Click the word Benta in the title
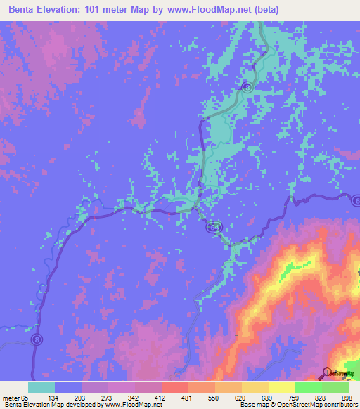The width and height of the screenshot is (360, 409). pos(25,10)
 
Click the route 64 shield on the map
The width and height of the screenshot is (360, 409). pos(214,227)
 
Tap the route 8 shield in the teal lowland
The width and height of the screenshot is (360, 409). pos(247,87)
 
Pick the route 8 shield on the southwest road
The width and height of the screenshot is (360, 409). pos(37,339)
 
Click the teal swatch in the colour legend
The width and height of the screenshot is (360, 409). pos(41,387)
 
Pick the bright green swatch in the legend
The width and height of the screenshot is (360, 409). pos(308,387)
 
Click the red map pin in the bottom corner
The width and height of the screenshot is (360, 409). pos(327,370)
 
